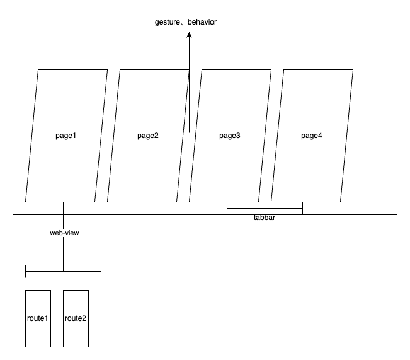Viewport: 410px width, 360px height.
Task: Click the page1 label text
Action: (x=66, y=136)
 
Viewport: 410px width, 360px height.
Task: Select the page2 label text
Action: (x=148, y=136)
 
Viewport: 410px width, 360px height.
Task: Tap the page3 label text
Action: (x=230, y=136)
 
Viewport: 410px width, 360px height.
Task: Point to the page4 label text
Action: (x=312, y=136)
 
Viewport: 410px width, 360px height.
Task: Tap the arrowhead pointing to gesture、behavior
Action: (x=189, y=36)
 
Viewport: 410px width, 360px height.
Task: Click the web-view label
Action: (x=64, y=233)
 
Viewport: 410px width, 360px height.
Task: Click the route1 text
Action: (x=38, y=318)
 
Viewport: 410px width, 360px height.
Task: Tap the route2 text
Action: (x=76, y=318)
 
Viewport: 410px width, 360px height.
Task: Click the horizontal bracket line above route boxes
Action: (x=82, y=271)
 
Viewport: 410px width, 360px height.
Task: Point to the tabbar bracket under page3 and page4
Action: (x=265, y=208)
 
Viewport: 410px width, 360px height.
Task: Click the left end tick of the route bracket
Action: (x=25, y=271)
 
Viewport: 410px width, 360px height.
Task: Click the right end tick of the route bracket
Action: (x=101, y=271)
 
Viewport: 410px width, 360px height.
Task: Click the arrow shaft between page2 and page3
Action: (x=189, y=95)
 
